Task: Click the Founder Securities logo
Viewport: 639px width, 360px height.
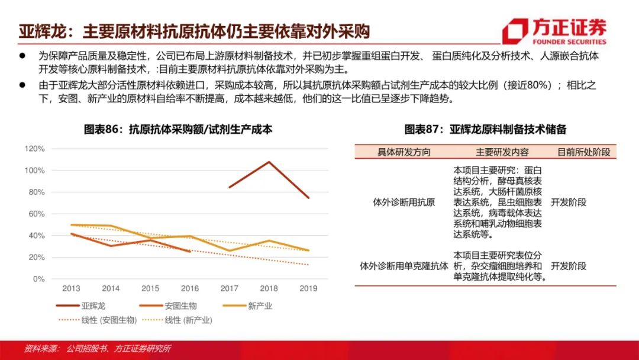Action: (554, 31)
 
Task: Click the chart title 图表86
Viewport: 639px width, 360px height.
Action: (178, 130)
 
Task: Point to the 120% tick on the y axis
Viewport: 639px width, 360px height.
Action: (35, 149)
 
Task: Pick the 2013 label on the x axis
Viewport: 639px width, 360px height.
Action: (71, 288)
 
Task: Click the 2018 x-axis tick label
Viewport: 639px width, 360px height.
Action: (269, 288)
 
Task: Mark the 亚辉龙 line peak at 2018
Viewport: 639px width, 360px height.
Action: (269, 162)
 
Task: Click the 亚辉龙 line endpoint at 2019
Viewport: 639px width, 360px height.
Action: (308, 197)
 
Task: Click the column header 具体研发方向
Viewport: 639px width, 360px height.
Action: (404, 152)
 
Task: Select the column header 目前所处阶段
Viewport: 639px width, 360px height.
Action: (583, 152)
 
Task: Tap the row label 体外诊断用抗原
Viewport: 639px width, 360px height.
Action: (404, 202)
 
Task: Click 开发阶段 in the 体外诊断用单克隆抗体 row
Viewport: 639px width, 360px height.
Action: (568, 266)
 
